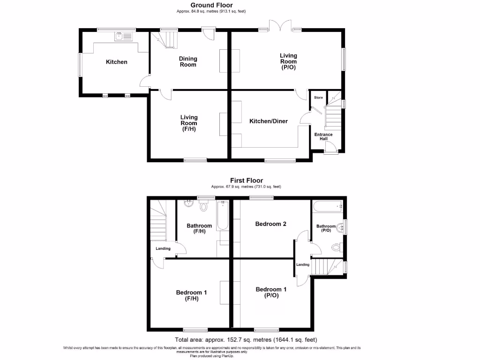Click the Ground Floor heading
pos(211,5)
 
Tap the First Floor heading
pos(246,180)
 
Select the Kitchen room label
pos(116,62)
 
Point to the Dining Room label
pos(188,62)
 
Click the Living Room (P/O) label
pos(288,61)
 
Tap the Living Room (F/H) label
pos(189,123)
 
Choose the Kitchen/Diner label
pos(268,121)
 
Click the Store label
pos(318,97)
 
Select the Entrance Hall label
pos(323,137)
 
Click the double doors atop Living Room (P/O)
pos(279,26)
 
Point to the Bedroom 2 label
pos(270,224)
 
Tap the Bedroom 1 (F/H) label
pos(191,295)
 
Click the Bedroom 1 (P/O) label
pos(270,292)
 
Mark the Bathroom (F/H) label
pos(199,228)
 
